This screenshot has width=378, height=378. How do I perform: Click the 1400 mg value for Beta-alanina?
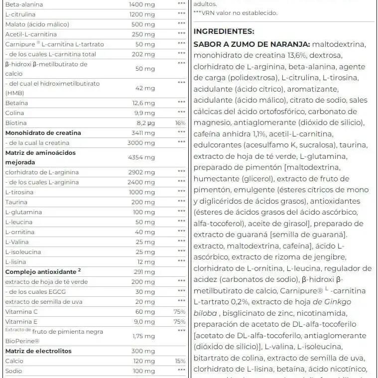(142, 4)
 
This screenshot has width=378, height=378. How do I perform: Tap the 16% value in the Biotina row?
(180, 123)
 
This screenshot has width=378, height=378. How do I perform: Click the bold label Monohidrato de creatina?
(43, 133)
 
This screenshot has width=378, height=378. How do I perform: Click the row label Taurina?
(16, 202)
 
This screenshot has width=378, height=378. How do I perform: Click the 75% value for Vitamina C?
(180, 312)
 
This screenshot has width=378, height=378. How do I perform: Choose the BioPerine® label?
(23, 341)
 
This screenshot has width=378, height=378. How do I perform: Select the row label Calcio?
(14, 361)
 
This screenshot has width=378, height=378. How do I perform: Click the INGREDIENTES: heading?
(224, 31)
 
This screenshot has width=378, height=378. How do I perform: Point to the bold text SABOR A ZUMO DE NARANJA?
(252, 44)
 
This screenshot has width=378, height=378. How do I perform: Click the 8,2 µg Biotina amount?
(145, 123)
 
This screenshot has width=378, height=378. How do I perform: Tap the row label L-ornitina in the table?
(19, 232)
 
